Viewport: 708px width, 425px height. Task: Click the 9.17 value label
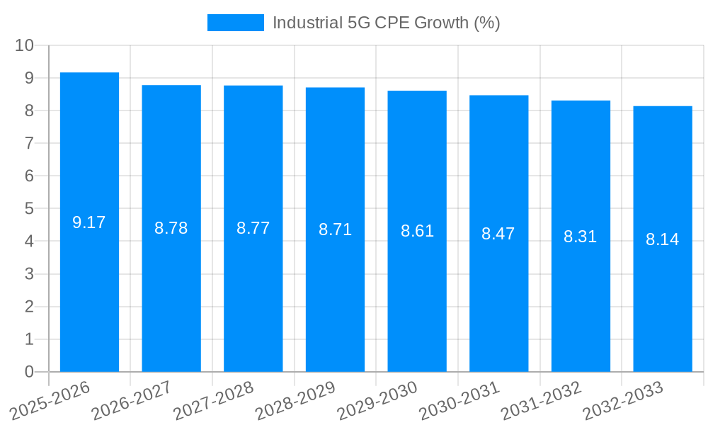click(x=89, y=222)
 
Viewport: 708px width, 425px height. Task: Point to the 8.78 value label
click(x=171, y=228)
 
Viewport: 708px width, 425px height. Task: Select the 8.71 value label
click(x=335, y=229)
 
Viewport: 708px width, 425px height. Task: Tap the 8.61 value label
click(x=417, y=231)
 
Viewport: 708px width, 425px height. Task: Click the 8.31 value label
click(x=581, y=237)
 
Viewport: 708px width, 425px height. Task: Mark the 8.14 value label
click(x=663, y=239)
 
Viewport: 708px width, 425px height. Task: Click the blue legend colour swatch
click(x=235, y=23)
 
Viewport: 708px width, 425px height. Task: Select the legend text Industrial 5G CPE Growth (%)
click(x=387, y=23)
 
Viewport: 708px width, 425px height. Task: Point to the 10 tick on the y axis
click(x=25, y=45)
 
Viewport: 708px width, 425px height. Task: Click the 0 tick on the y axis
click(x=29, y=372)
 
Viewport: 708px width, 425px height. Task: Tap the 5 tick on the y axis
click(x=29, y=209)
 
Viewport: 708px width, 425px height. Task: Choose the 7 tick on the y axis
click(x=29, y=143)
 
